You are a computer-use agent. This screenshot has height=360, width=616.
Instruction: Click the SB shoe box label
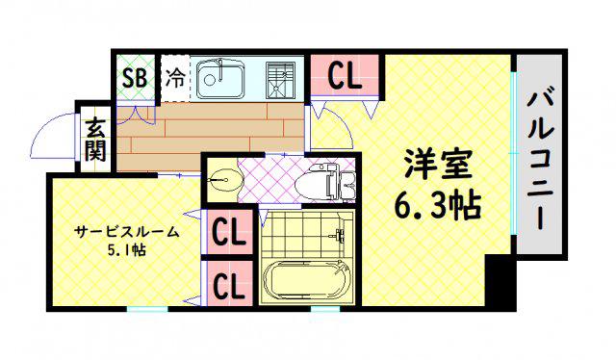[x=135, y=78]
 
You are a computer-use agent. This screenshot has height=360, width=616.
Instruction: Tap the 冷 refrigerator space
[x=175, y=78]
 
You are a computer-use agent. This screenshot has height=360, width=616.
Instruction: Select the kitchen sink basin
[x=220, y=79]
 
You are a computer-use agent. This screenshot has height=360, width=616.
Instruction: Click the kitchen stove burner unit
[x=280, y=80]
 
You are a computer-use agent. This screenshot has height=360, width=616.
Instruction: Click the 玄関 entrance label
[x=95, y=140]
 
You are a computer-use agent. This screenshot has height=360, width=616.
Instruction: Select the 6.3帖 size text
[x=438, y=205]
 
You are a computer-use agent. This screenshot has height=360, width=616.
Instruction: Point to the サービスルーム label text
[x=126, y=232]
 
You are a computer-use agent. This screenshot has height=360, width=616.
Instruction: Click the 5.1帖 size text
[x=126, y=249]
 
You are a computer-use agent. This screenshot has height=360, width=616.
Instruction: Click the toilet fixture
[x=317, y=184]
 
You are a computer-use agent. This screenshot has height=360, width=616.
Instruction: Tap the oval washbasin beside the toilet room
[x=224, y=181]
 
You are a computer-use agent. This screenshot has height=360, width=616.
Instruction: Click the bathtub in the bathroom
[x=307, y=281]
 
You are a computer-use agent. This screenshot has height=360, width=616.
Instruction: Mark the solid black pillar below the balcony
[x=500, y=281]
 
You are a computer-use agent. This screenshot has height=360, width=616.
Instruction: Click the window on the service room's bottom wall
[x=147, y=309]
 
